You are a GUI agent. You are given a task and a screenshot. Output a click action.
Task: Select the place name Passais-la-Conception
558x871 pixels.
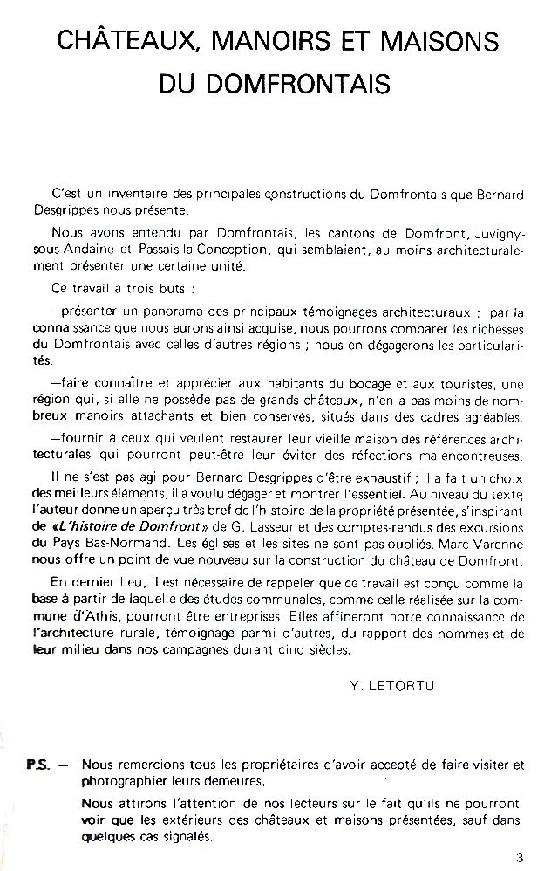coord(199,249)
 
